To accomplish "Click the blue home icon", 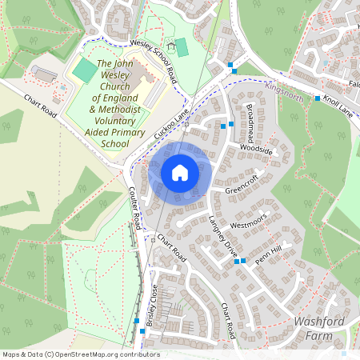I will pos(180,173).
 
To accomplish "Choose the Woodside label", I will pos(256,150).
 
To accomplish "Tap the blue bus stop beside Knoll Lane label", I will pos(318,98).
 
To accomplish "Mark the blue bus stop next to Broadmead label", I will pos(232,124).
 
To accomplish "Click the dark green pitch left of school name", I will pos(84,70).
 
